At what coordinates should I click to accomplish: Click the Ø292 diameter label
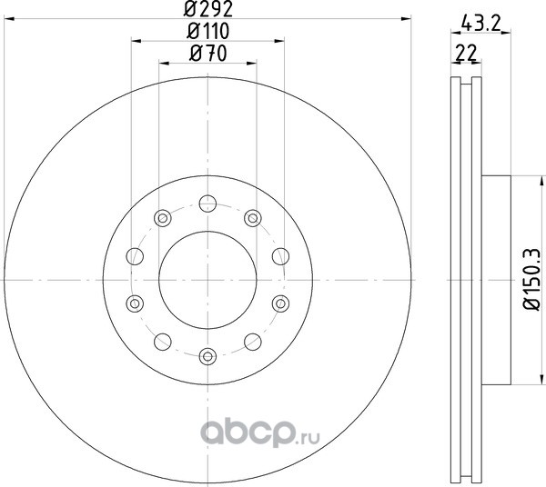click(x=207, y=9)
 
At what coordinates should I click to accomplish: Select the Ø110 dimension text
click(x=207, y=31)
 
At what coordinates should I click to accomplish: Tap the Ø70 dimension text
click(x=207, y=54)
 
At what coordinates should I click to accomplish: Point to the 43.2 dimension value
click(x=480, y=24)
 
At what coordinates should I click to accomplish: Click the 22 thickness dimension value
click(x=466, y=54)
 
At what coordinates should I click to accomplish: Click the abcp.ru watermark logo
click(x=259, y=433)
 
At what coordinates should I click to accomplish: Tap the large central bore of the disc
click(x=207, y=280)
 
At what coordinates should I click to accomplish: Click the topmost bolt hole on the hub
click(x=207, y=204)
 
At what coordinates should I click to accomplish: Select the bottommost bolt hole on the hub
click(x=207, y=356)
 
